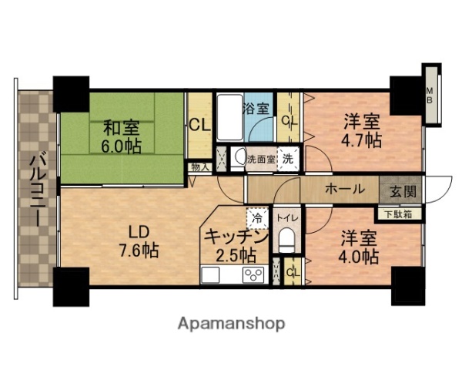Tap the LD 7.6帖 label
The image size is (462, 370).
pos(139,240)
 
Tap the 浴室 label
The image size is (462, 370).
pos(256,108)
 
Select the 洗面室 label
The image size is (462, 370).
pos(261,159)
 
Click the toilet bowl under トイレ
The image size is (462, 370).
pos(286,240)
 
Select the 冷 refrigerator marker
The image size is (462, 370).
pos(257,218)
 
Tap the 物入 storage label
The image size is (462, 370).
pos(197,165)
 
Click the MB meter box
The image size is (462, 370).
pos(432,96)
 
